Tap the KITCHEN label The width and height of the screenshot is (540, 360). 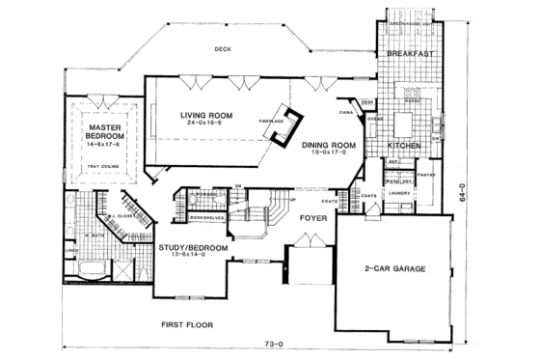[x=403, y=145]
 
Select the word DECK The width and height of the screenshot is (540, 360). [x=224, y=47]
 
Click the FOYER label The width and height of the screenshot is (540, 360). [x=310, y=219]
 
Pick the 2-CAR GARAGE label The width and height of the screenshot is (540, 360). [x=395, y=267]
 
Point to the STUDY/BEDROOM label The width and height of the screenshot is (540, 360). [x=193, y=248]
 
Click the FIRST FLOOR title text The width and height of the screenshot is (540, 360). [x=187, y=325]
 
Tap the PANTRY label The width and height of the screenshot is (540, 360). [x=428, y=176]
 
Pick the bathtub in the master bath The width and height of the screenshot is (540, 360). [x=88, y=269]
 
